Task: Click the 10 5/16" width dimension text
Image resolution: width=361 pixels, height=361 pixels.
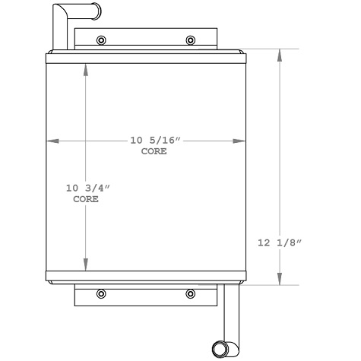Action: [x=154, y=141]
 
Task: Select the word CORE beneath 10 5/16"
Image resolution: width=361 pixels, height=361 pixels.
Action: [x=154, y=151]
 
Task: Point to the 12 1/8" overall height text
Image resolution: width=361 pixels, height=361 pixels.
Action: [x=280, y=242]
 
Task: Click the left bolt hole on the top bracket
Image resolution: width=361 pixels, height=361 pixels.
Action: [x=102, y=40]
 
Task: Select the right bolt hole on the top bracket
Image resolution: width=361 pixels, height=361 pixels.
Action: [x=190, y=40]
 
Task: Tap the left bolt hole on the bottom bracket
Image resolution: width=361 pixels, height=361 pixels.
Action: [x=102, y=294]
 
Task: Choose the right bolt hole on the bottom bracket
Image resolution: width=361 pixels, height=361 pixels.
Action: [x=190, y=294]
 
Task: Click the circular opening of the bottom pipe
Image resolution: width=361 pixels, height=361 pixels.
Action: [x=221, y=350]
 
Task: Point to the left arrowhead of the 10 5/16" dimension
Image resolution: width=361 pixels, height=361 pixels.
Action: [x=51, y=141]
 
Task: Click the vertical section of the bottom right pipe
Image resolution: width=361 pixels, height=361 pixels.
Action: [x=229, y=312]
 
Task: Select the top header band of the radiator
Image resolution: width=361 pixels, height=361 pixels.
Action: [x=146, y=58]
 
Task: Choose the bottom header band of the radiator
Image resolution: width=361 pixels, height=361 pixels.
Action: [x=146, y=275]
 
